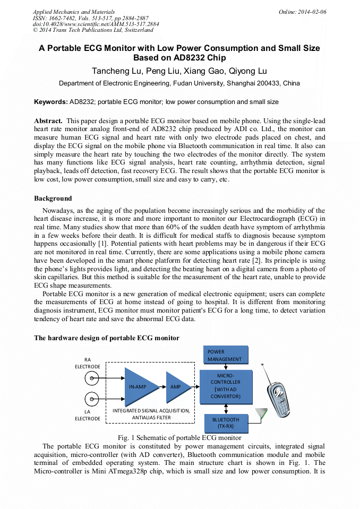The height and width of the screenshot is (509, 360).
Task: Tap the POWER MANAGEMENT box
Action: pos(225,355)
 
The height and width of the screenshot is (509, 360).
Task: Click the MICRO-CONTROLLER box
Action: pos(225,386)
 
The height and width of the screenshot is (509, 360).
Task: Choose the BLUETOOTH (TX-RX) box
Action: pos(225,422)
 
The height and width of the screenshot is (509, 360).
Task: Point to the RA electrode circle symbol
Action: pos(92,378)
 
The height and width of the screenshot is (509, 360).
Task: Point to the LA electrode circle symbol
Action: pos(92,399)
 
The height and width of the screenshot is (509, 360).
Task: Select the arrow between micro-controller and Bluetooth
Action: pos(226,408)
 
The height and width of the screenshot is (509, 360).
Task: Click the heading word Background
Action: pos(53,199)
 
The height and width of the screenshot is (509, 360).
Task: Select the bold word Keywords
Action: pos(50,102)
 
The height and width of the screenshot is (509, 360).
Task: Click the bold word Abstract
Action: pos(48,121)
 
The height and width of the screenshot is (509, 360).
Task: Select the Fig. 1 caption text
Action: pos(179,438)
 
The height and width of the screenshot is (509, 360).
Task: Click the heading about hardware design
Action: pos(107,338)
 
